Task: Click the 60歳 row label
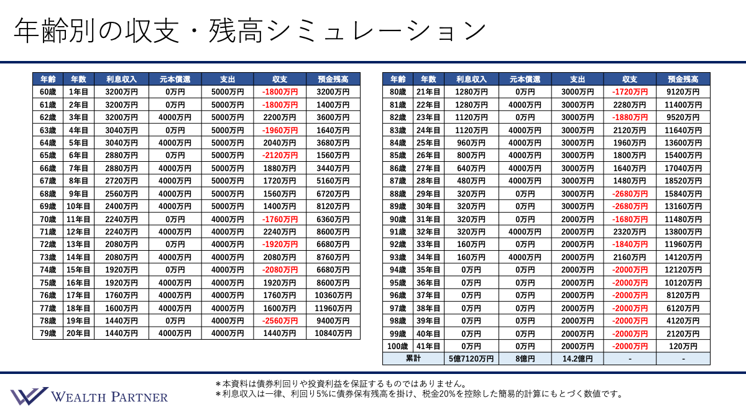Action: [48, 92]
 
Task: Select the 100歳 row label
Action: [398, 346]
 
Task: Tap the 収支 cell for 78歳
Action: [280, 320]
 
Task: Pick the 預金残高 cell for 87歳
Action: [683, 181]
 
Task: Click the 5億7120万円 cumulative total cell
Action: [470, 359]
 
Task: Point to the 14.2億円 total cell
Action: [577, 359]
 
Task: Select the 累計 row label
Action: [413, 359]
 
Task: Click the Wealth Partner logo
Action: [89, 396]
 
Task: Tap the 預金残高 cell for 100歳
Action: [683, 346]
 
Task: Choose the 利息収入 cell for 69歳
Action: [121, 206]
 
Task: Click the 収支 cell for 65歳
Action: [280, 156]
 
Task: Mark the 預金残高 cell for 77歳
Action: [333, 308]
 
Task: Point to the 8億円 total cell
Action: [525, 359]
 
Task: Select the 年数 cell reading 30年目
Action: [428, 206]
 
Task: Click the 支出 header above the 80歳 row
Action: [577, 79]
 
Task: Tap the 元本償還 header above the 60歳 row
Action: [175, 79]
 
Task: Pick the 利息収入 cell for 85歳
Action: [470, 156]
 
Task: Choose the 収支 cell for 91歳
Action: [629, 231]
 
